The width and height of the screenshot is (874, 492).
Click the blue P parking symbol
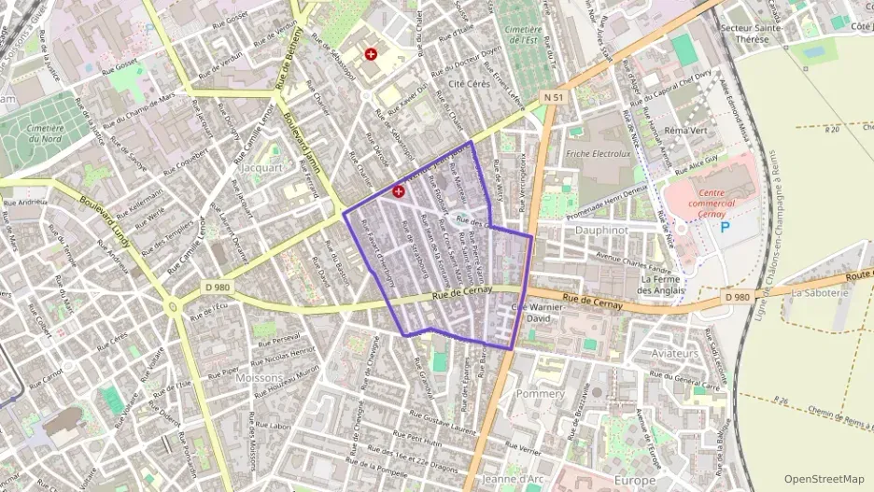(x=725, y=227)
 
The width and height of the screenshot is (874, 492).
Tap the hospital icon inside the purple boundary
(x=400, y=191)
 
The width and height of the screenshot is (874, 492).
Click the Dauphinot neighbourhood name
(x=601, y=228)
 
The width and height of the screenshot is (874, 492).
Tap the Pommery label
(x=540, y=394)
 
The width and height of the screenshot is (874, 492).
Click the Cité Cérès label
(x=470, y=84)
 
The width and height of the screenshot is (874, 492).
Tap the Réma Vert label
(x=686, y=131)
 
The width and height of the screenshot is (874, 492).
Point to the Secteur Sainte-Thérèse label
(x=758, y=34)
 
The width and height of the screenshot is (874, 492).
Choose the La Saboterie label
(x=820, y=291)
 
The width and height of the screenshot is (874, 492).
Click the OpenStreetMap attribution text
(x=824, y=478)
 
